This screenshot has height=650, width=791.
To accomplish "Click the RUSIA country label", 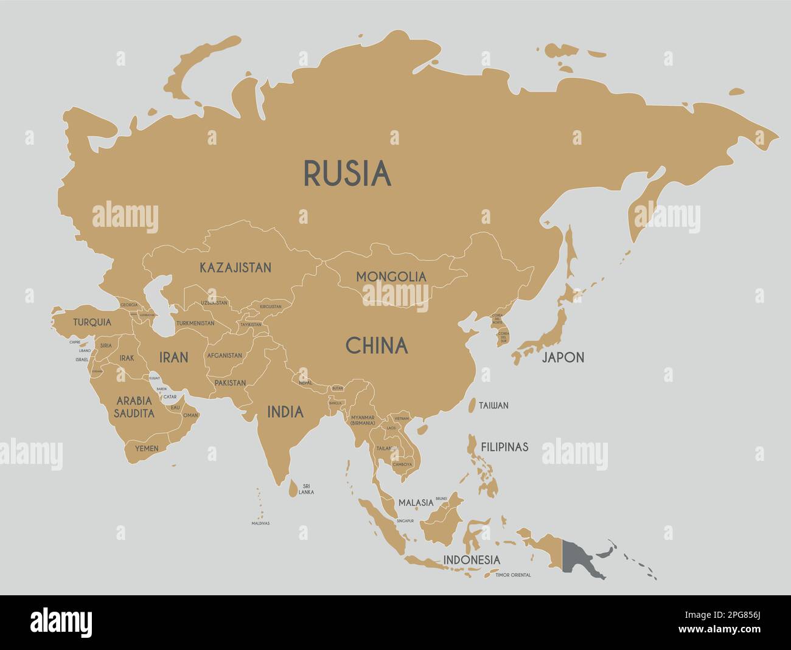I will point(347,173).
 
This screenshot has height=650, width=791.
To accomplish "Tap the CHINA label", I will point(377,346).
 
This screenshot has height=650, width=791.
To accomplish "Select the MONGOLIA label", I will point(391,277).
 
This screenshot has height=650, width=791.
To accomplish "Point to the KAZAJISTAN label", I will point(235,267).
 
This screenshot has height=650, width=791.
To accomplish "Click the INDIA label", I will point(285,412).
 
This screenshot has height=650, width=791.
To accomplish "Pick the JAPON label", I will point(563,358).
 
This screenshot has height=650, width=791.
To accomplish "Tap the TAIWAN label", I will point(493,406).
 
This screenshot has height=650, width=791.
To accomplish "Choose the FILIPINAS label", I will point(504,447).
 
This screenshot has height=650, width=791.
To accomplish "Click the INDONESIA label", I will point(472,559).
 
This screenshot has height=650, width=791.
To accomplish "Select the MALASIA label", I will point(416,503).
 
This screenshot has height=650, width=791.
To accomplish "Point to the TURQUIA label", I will point(92,322).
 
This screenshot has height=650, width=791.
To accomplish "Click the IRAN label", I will point(173,358).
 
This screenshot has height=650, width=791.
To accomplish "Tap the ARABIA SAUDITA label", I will point(134,407).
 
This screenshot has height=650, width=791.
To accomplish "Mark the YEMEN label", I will point(147,449).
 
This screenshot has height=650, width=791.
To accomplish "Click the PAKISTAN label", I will point(230,383).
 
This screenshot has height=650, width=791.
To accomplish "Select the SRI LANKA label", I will point(307,489).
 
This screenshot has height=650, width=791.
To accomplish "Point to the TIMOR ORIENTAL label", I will point(513,575).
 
